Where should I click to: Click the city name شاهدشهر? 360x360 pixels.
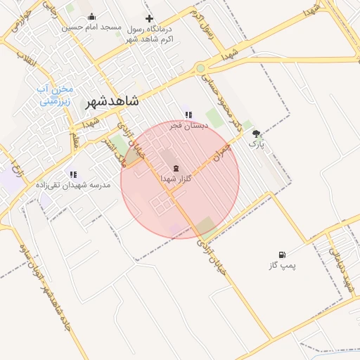(112, 101)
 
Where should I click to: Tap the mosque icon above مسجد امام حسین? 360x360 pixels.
(91, 17)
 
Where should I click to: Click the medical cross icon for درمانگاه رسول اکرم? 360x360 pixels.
(148, 19)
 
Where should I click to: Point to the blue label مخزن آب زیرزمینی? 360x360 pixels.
(55, 95)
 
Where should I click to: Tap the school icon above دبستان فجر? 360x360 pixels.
(188, 115)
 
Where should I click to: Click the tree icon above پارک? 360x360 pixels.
(256, 133)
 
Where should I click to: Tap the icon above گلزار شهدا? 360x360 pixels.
(175, 168)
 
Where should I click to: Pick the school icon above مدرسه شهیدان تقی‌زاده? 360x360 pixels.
(73, 174)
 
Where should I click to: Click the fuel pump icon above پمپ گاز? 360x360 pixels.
(282, 255)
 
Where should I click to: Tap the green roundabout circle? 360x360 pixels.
(201, 68)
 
